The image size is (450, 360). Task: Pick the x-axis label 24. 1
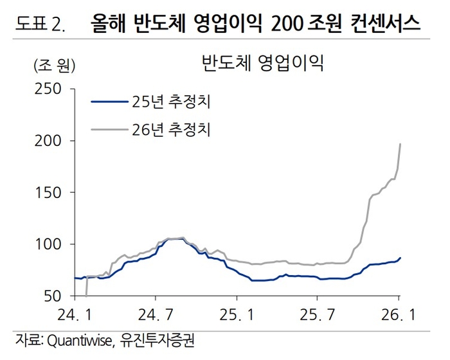click(x=75, y=314)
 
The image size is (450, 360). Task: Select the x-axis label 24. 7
click(x=156, y=314)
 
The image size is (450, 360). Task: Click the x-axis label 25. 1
click(x=237, y=314)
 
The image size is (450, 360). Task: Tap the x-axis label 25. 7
click(x=318, y=314)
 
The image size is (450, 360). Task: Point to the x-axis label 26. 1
click(x=399, y=314)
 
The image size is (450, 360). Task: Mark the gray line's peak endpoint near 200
click(x=401, y=144)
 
